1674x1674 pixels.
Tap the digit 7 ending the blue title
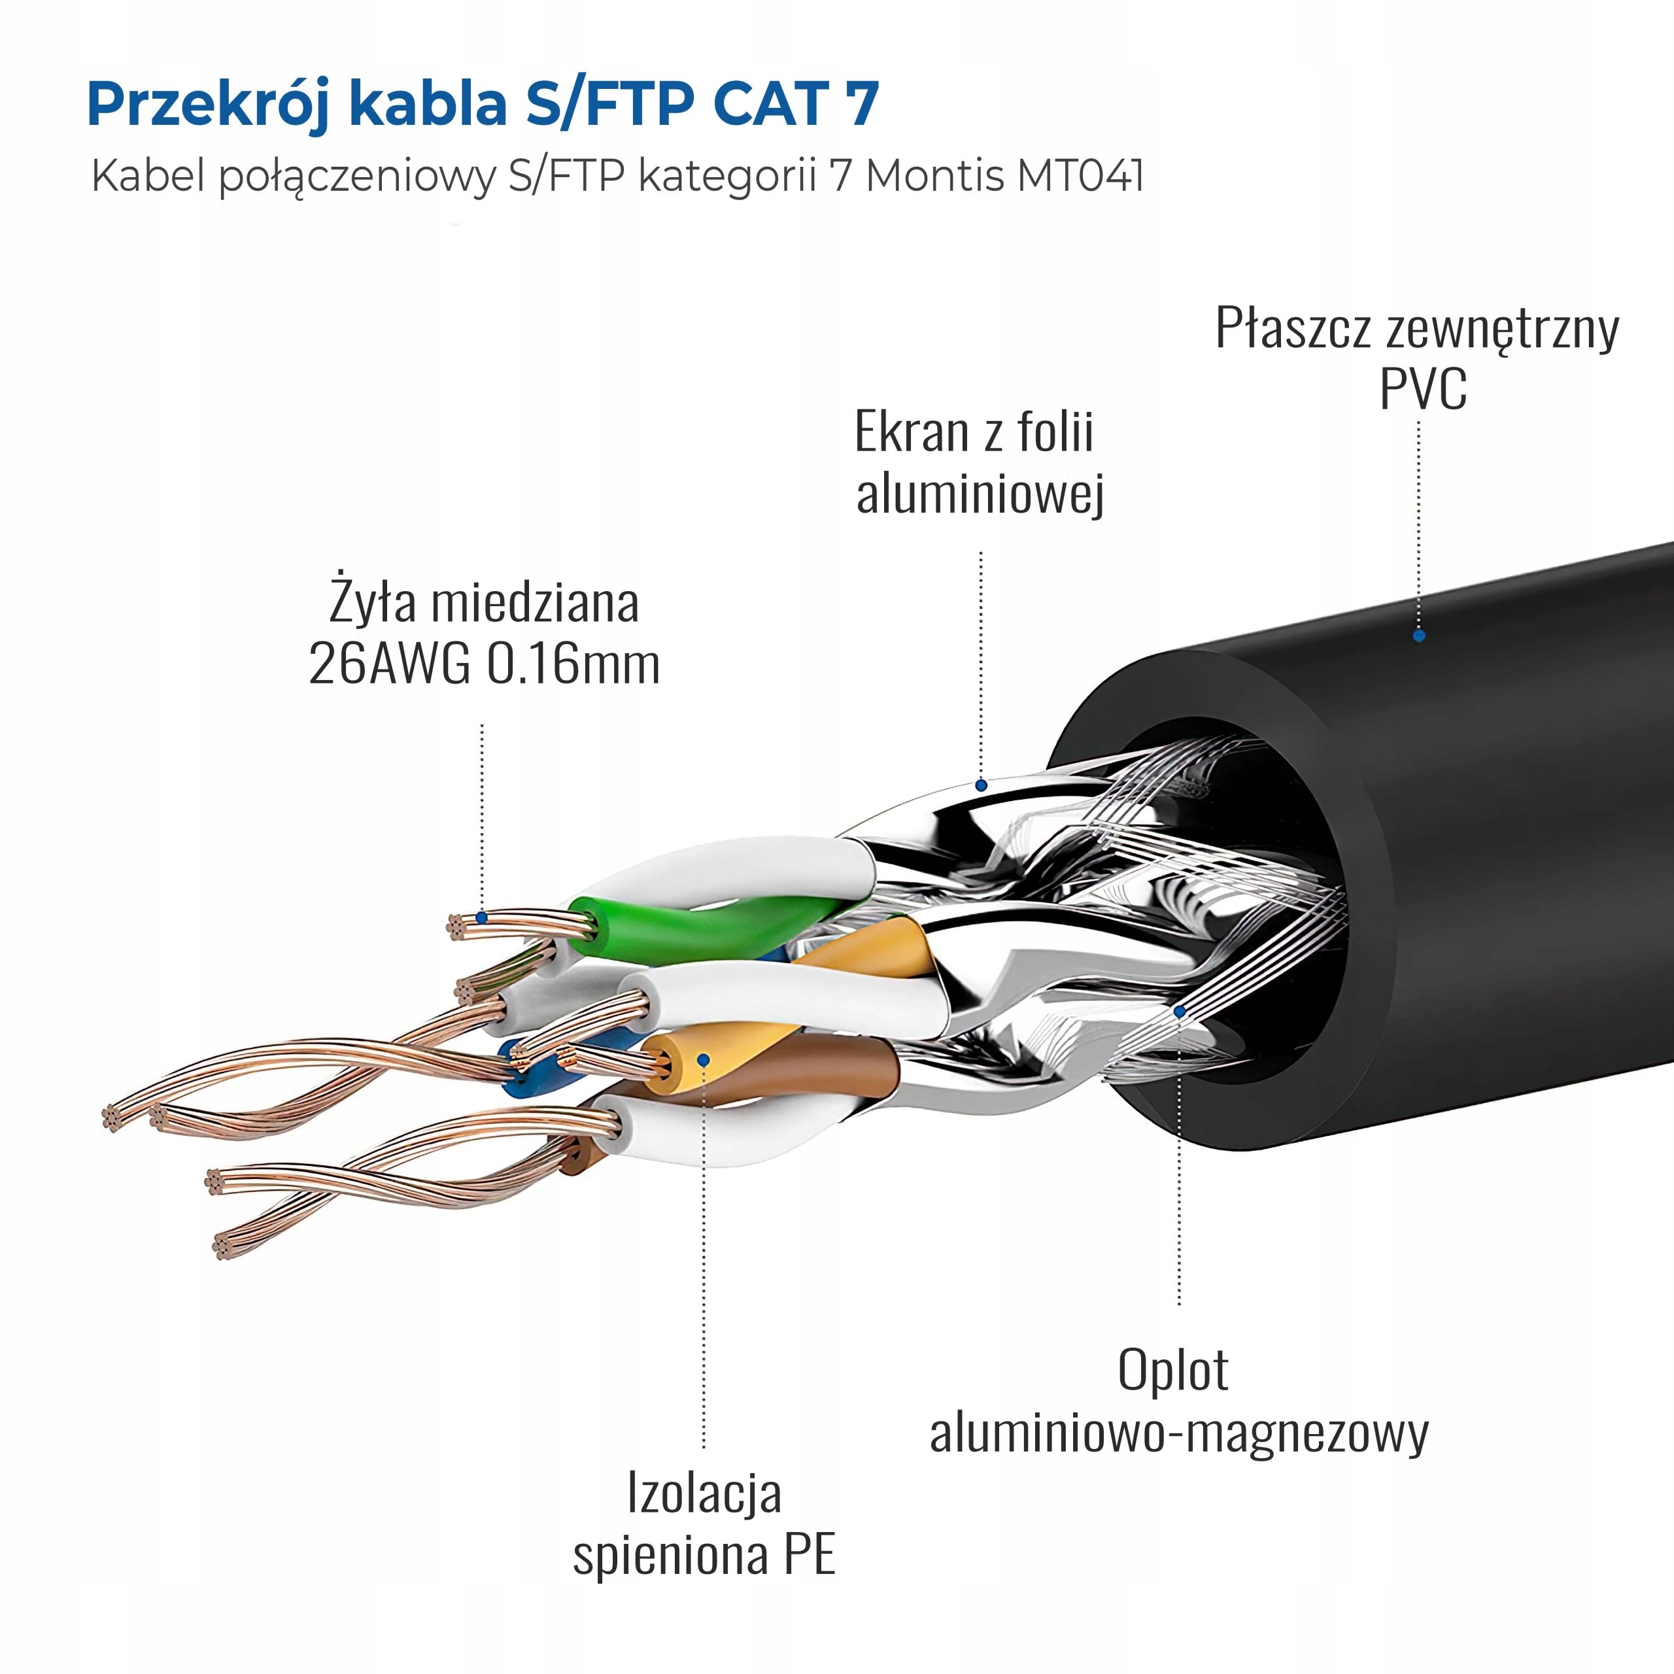(861, 103)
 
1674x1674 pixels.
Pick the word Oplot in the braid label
(1172, 1371)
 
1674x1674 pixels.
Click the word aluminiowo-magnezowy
(1178, 1433)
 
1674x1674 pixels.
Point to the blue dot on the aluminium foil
(981, 786)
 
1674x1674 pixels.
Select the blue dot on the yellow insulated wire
(704, 1060)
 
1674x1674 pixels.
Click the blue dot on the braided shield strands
(1178, 1011)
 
